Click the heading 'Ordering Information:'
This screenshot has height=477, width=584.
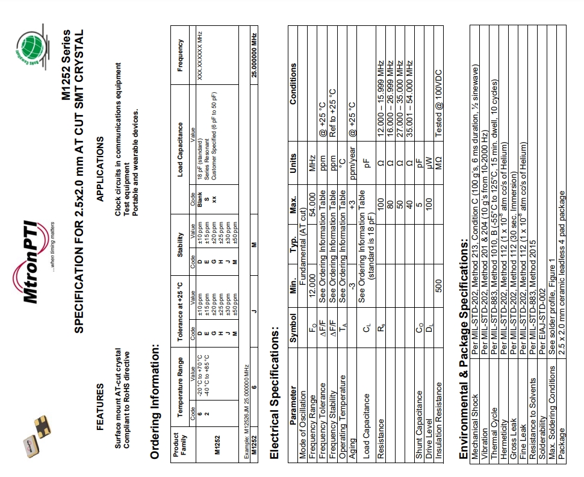pos(154,401)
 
